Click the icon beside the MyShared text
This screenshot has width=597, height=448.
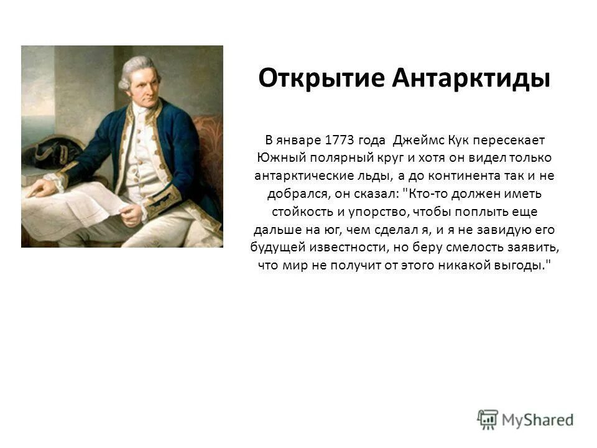coord(488,418)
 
